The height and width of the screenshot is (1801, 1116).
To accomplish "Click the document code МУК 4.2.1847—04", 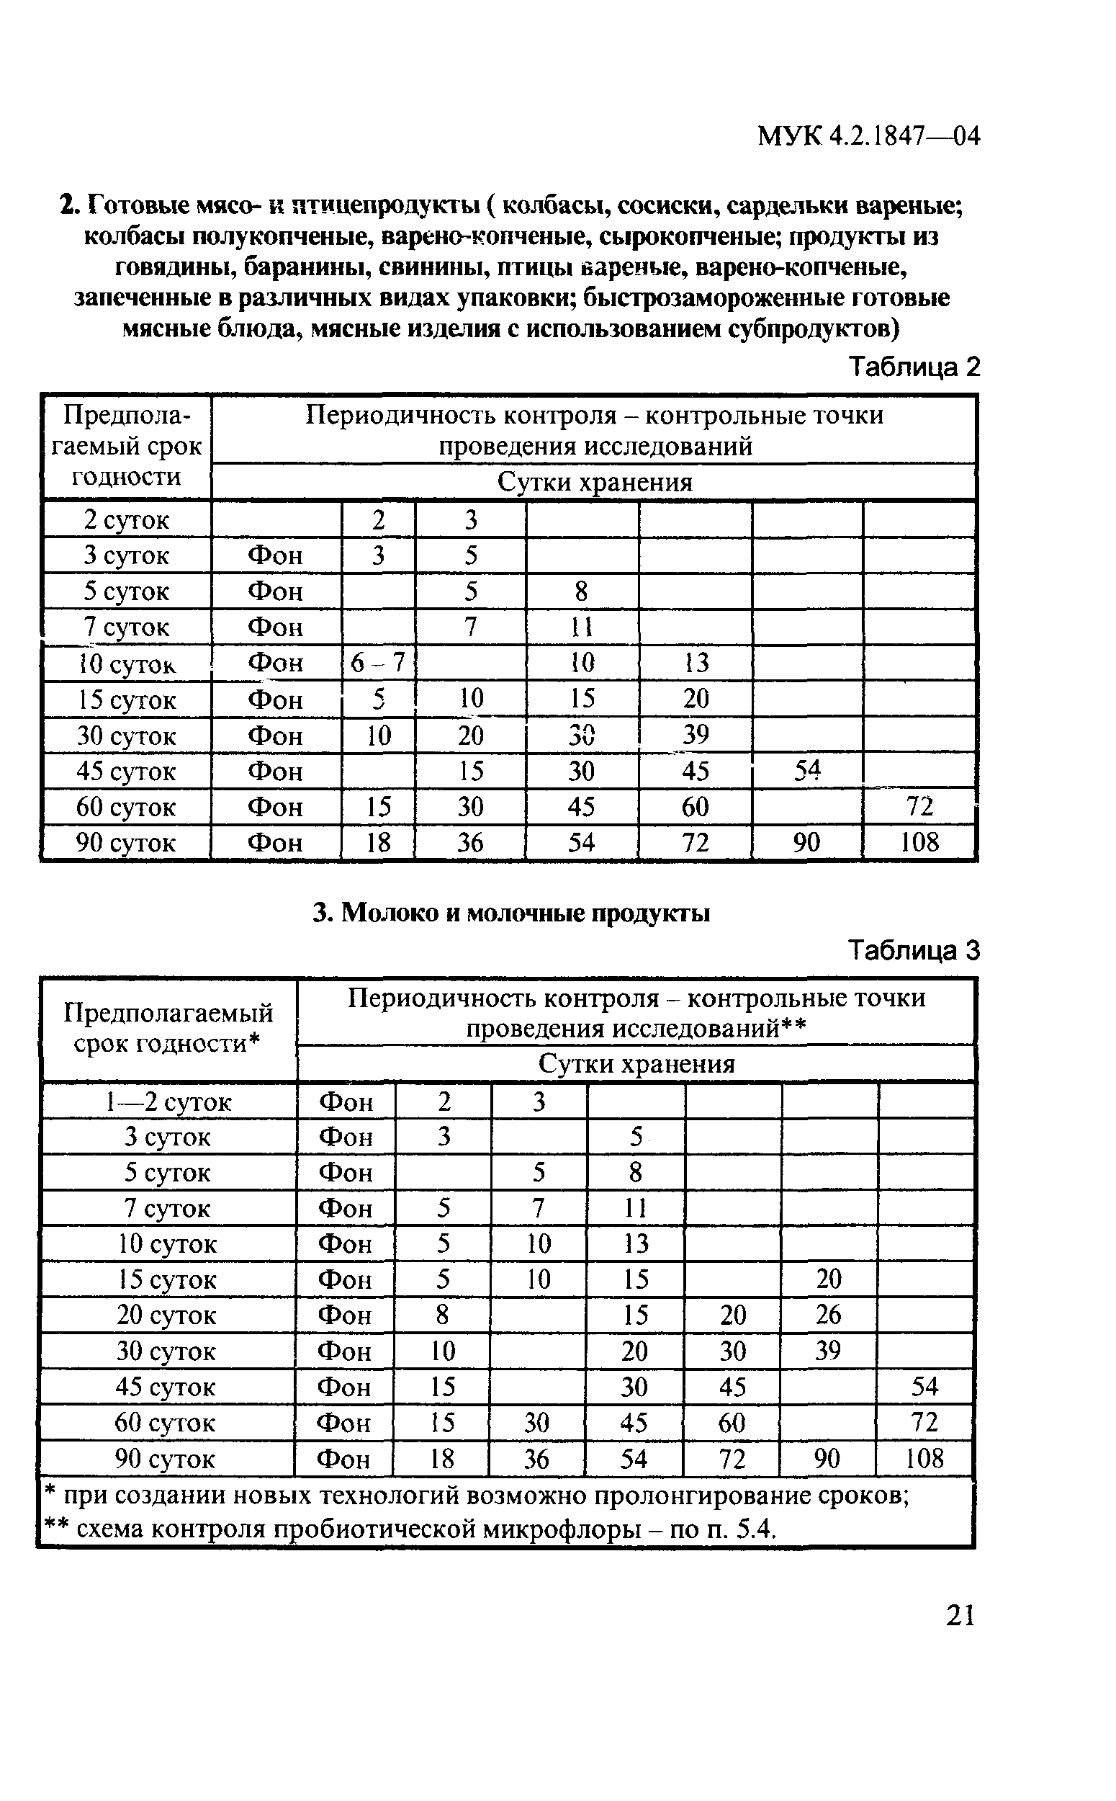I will tap(868, 136).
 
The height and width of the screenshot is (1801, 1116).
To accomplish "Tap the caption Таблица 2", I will tap(914, 366).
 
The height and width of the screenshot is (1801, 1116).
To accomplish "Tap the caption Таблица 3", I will tap(914, 949).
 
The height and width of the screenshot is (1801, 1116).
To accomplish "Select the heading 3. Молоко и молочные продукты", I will tap(511, 913).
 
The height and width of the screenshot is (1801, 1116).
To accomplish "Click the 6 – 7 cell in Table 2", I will tap(378, 662).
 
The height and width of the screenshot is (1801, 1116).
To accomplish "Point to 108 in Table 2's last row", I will tap(919, 842).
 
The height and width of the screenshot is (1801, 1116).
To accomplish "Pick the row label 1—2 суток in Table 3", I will tap(168, 1101).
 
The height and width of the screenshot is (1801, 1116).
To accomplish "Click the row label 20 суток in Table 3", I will tap(167, 1315).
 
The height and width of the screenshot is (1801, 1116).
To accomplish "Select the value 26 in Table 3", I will tap(828, 1315).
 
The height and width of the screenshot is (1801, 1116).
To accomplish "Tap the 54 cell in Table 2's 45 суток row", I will tap(806, 770).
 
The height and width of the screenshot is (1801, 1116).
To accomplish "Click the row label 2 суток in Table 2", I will tap(126, 520).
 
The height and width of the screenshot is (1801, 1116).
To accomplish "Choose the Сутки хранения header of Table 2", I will tap(594, 482).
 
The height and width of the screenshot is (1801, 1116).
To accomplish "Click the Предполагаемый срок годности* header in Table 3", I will tap(168, 1028).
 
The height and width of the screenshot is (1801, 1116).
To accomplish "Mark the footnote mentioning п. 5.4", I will tap(410, 1529).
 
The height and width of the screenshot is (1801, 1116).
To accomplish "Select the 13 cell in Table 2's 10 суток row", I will tap(695, 662).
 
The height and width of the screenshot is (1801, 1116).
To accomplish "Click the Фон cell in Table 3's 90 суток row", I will tap(343, 1458).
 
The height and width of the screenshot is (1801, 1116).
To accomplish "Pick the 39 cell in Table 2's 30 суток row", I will tap(695, 734).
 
